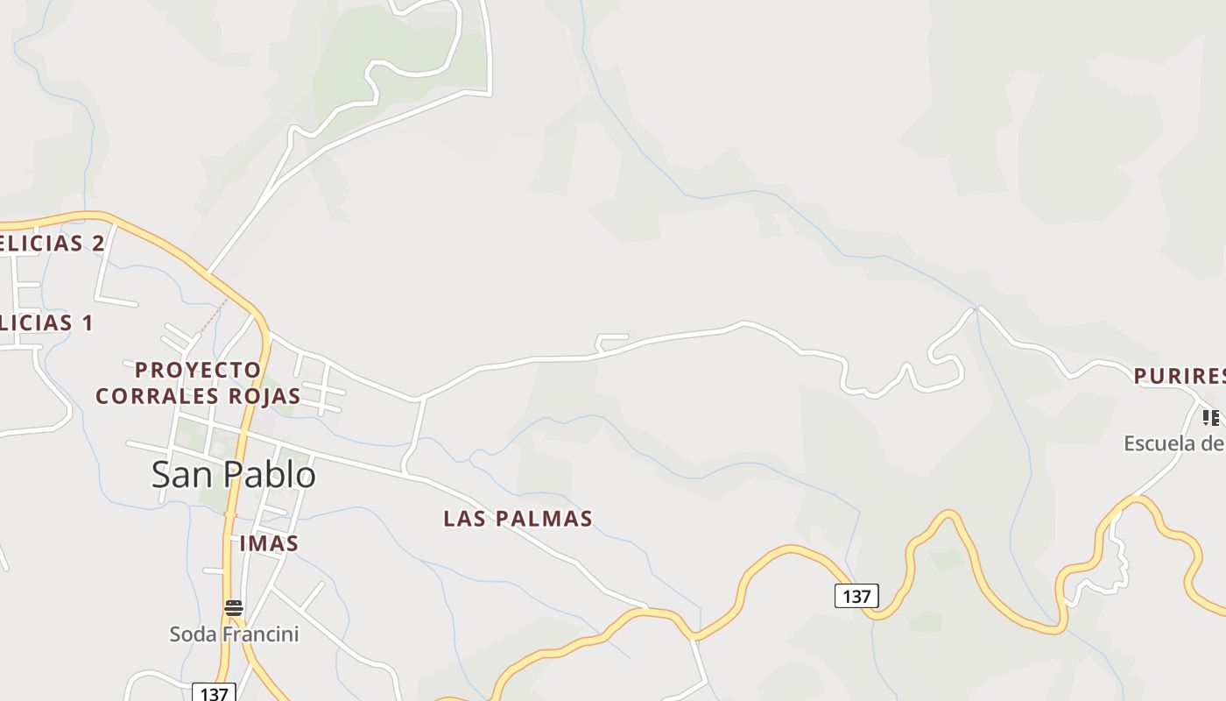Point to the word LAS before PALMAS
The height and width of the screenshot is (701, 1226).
pos(463,519)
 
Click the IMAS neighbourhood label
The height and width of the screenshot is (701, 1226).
pos(269,543)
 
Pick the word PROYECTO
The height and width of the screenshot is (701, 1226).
pos(198,371)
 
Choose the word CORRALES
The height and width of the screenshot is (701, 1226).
pos(157,396)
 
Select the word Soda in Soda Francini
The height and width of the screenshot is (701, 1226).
pos(190,634)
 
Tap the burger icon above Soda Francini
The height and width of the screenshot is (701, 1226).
pos(233,608)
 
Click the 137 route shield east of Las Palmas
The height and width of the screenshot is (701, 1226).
pos(856,596)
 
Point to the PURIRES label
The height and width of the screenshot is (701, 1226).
pos(1179,377)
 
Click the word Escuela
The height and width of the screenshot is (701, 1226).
pos(1160,443)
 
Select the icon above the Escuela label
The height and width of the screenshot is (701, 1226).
pos(1210,417)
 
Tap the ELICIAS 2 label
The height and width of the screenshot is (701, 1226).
pos(53,244)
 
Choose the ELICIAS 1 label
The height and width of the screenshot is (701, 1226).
pos(46,322)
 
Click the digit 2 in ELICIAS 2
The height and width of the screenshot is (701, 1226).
pos(98,244)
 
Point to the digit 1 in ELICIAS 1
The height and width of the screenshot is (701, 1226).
pos(87,322)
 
